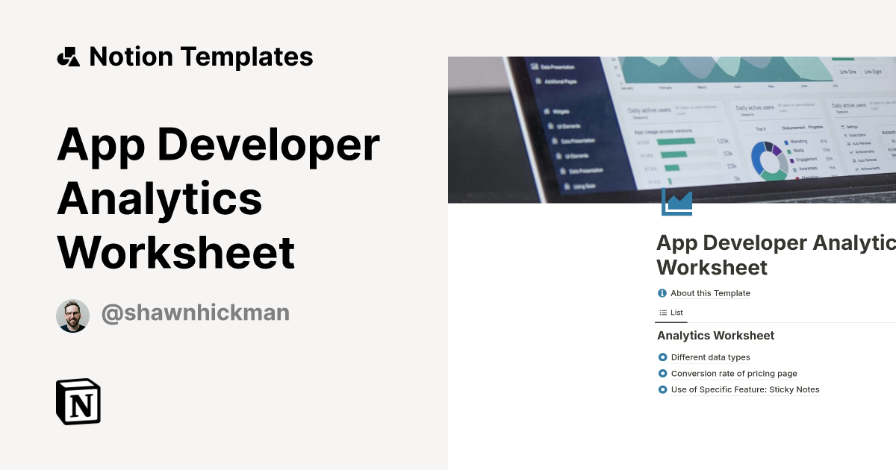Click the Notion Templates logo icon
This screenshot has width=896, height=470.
pos(68,57)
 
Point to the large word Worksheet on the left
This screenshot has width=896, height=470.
pos(176,252)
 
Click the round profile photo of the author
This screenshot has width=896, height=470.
pos(72,316)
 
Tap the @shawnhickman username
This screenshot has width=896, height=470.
pos(195,313)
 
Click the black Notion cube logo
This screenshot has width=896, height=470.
pos(78,402)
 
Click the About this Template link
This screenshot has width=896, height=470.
pos(710,293)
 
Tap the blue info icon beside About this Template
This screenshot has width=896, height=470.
pos(662,293)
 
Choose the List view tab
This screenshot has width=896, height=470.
pos(671,313)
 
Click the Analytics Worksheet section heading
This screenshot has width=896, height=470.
pos(715,336)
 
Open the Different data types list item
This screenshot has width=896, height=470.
pos(710,357)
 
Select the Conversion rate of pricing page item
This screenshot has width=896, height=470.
pos(734,374)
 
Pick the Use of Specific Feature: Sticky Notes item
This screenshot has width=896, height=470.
pos(745,389)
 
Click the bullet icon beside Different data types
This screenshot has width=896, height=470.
pos(662,357)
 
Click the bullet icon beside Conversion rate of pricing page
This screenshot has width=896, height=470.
pos(662,374)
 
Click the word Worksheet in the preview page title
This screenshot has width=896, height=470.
pos(712,267)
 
